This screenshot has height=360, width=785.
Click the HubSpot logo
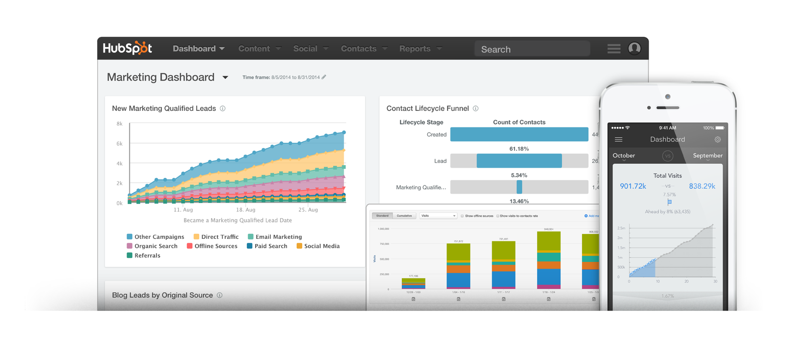point(127,48)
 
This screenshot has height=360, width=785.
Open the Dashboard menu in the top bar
point(198,49)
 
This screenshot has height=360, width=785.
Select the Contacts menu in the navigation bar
point(364,49)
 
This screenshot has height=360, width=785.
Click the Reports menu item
point(420,49)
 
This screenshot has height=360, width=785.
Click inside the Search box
point(532,49)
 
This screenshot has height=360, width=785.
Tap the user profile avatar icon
point(634,48)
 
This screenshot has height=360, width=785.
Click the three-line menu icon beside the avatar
point(614,49)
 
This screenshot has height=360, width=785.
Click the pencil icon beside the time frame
point(324,77)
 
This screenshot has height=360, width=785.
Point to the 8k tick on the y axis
point(119,124)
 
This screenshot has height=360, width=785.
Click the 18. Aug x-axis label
point(245,210)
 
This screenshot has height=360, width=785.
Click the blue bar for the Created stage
point(519,134)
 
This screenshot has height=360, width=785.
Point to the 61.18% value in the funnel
point(519,149)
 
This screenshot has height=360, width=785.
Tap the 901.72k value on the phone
point(633,186)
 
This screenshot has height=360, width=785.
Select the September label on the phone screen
point(707,155)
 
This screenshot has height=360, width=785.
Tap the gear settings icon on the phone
point(718,139)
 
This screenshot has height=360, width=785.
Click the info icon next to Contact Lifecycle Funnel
point(475,108)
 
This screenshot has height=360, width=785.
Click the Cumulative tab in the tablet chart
point(404,216)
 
